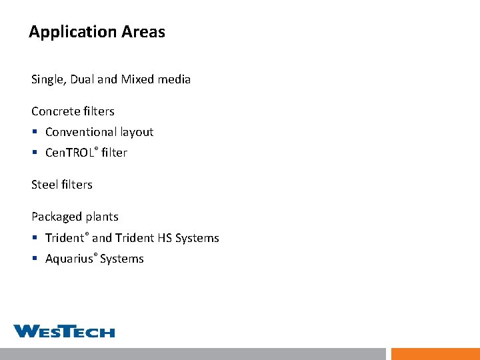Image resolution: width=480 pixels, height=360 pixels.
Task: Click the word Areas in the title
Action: pyautogui.click(x=143, y=31)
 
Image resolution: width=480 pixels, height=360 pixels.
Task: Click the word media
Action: pyautogui.click(x=174, y=79)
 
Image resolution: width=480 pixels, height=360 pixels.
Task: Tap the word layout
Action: pyautogui.click(x=137, y=132)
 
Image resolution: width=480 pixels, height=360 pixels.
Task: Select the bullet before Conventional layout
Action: pyautogui.click(x=35, y=133)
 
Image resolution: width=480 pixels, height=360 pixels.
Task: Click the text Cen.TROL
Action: pyautogui.click(x=71, y=153)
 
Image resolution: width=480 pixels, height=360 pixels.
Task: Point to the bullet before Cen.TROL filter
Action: pyautogui.click(x=35, y=153)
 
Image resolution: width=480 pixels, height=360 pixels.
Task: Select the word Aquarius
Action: pyautogui.click(x=70, y=259)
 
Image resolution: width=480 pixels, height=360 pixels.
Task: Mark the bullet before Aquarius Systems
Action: pyautogui.click(x=35, y=259)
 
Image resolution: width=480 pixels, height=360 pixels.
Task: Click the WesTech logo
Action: pyautogui.click(x=64, y=331)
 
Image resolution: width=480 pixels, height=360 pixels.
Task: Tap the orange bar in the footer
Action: pyautogui.click(x=435, y=354)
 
